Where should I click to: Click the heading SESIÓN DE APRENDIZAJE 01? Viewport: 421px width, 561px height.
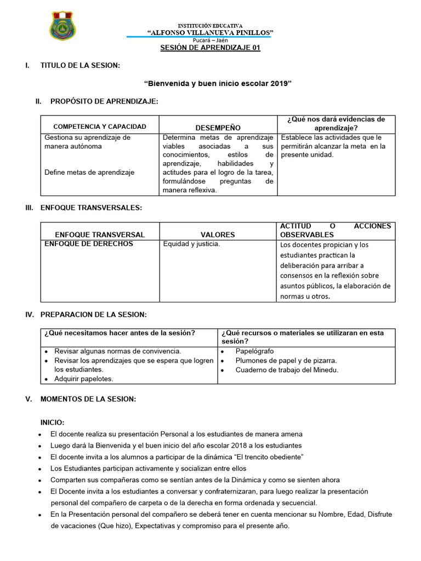[210, 48]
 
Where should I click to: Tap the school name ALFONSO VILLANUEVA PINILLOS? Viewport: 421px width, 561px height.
[210, 33]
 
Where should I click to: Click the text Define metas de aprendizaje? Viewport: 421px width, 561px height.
[89, 172]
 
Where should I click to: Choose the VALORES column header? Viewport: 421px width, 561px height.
[218, 234]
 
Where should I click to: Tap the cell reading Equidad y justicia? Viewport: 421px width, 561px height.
[191, 244]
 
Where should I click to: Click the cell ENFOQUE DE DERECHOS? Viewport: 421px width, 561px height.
[89, 244]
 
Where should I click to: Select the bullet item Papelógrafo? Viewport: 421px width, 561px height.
[254, 351]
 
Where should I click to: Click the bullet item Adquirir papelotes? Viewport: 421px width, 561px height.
[84, 379]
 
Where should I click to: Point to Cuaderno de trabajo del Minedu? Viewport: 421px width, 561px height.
[287, 370]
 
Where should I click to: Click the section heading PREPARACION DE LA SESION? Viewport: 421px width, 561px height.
[93, 314]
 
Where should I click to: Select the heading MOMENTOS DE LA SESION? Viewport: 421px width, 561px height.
[88, 399]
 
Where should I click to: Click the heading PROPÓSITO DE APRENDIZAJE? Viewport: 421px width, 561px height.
[104, 101]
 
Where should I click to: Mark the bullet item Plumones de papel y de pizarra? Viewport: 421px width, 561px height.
[286, 360]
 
